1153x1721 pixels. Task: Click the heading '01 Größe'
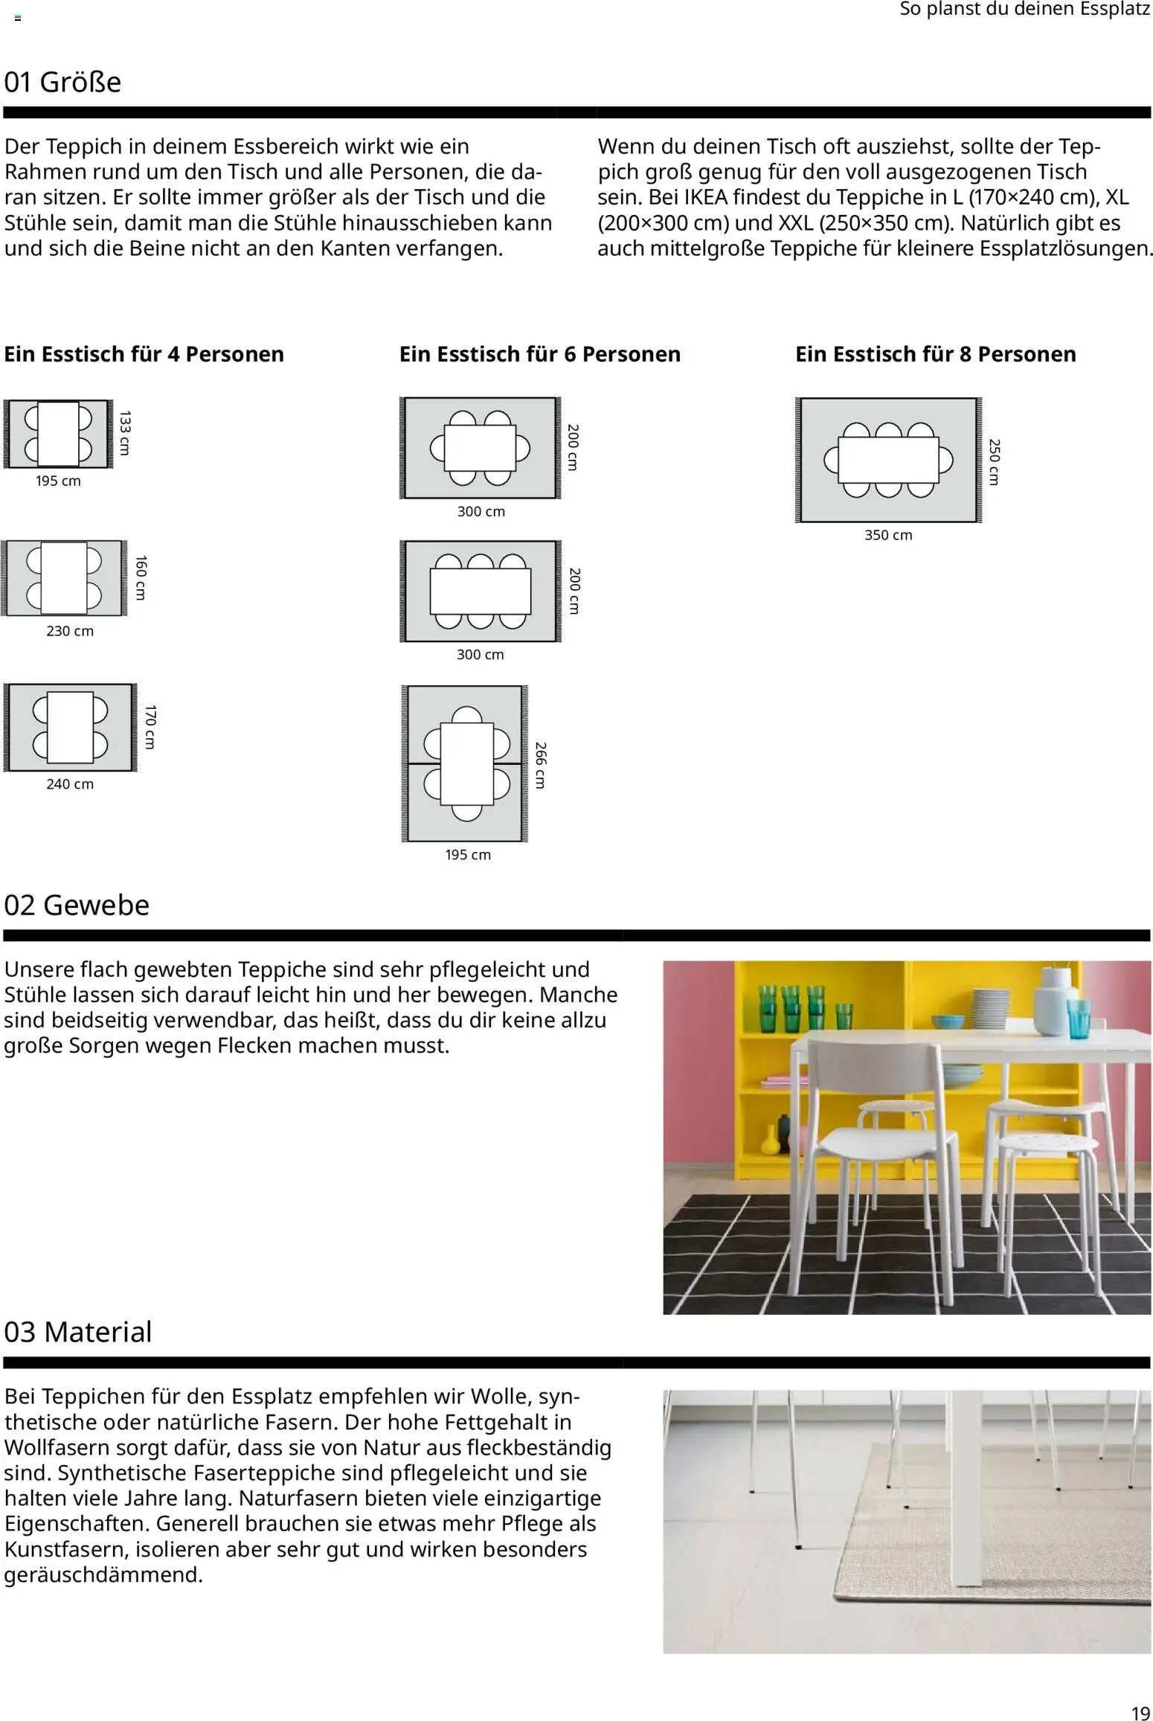coord(62,82)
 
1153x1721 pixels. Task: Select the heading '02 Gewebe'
coord(77,905)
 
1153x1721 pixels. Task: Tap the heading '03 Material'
coord(77,1332)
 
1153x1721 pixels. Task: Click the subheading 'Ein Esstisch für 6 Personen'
coord(539,354)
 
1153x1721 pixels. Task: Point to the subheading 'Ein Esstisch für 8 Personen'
coord(935,354)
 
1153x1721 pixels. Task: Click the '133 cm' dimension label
coord(124,432)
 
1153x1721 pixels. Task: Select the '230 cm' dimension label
coord(70,631)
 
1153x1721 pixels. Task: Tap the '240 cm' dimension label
coord(70,783)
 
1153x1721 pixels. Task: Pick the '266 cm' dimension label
coord(541,765)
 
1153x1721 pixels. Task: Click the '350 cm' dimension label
coord(887,535)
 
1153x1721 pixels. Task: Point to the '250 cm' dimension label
coord(995,462)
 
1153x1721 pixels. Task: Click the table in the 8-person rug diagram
coord(887,460)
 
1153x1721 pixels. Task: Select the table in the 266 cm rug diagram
coord(466,763)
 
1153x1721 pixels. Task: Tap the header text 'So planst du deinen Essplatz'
coord(1024,10)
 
